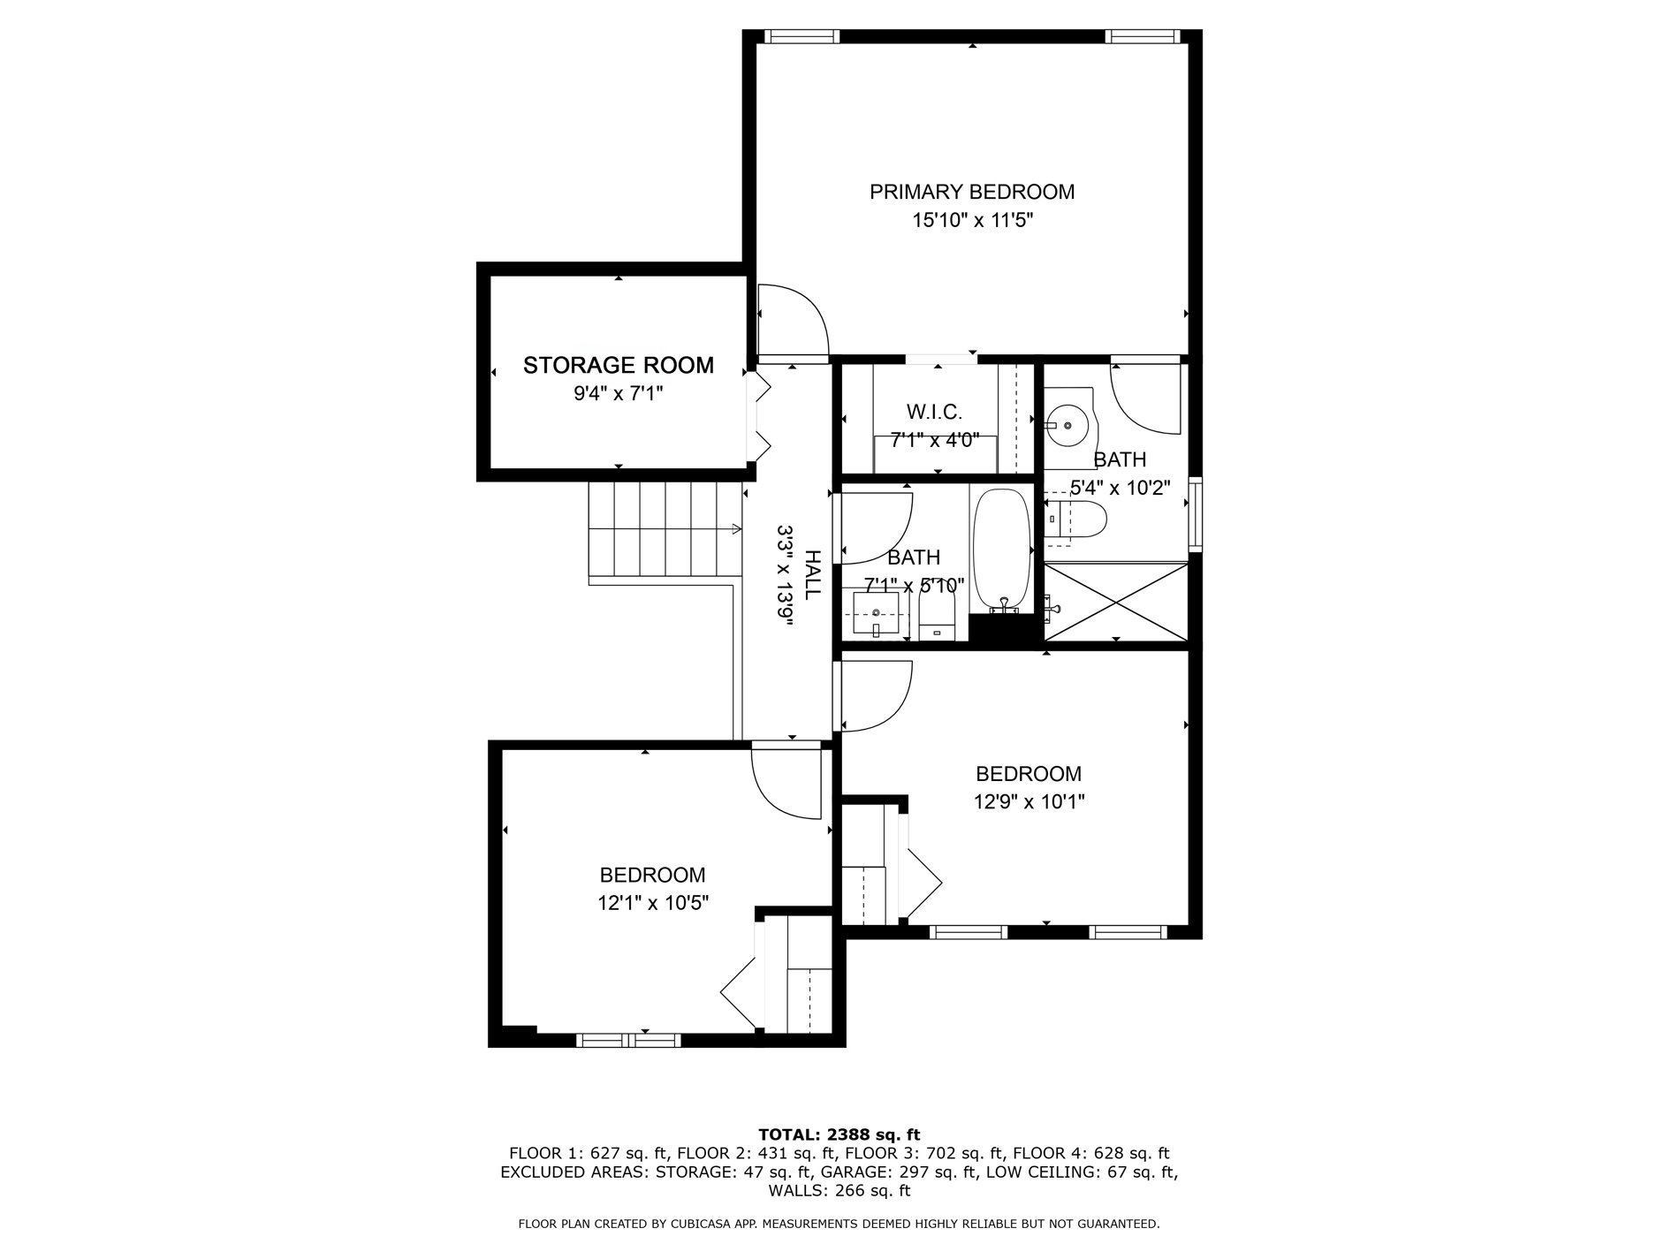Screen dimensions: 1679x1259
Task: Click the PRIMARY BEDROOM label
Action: click(x=972, y=192)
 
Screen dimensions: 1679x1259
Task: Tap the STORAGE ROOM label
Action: click(x=619, y=365)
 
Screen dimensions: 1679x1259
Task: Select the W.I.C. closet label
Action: click(x=934, y=412)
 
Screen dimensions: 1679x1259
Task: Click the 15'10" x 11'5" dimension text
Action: click(x=972, y=220)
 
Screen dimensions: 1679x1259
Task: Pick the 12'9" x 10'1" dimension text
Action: click(x=1029, y=802)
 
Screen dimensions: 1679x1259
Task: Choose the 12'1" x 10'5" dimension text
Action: click(x=652, y=903)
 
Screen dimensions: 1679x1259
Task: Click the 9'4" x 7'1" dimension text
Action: click(x=619, y=393)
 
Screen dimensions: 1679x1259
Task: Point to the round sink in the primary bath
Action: click(x=1069, y=426)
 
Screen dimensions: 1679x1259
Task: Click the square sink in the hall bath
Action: click(x=876, y=614)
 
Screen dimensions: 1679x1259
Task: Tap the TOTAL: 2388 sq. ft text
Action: click(x=839, y=1134)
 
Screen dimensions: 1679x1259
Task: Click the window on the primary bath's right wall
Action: click(x=1196, y=514)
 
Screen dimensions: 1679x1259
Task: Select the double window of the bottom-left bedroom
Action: click(x=628, y=1041)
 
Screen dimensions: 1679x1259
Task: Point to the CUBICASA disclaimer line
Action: click(x=839, y=1224)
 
